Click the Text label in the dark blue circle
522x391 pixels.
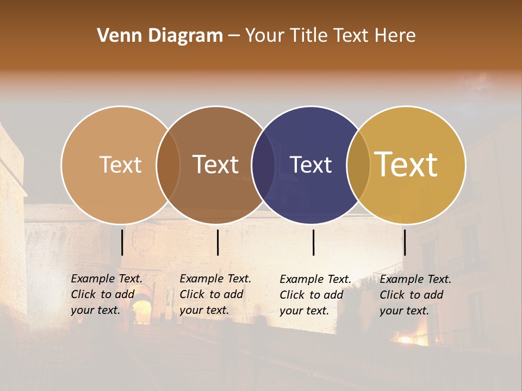pyautogui.click(x=311, y=165)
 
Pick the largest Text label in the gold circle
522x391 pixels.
pyautogui.click(x=406, y=164)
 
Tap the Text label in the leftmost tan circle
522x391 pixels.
pyautogui.click(x=121, y=165)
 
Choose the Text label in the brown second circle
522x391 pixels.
pyautogui.click(x=216, y=165)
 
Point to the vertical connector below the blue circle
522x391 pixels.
pyautogui.click(x=313, y=242)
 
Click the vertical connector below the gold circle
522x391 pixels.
pyautogui.click(x=405, y=242)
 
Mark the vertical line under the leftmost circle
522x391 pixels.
pyautogui.click(x=122, y=242)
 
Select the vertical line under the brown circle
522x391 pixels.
pyautogui.click(x=217, y=242)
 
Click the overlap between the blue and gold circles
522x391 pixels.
pyautogui.click(x=359, y=165)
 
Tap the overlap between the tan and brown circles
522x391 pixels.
pyautogui.click(x=168, y=165)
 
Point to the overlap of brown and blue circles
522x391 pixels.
pyautogui.click(x=263, y=165)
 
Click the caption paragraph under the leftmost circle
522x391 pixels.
pyautogui.click(x=107, y=294)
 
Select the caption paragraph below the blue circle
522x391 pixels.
pyautogui.click(x=315, y=295)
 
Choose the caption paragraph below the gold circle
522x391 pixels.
pyautogui.click(x=415, y=295)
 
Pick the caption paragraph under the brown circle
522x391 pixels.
pyautogui.click(x=215, y=294)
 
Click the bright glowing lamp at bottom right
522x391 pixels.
pyautogui.click(x=405, y=340)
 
